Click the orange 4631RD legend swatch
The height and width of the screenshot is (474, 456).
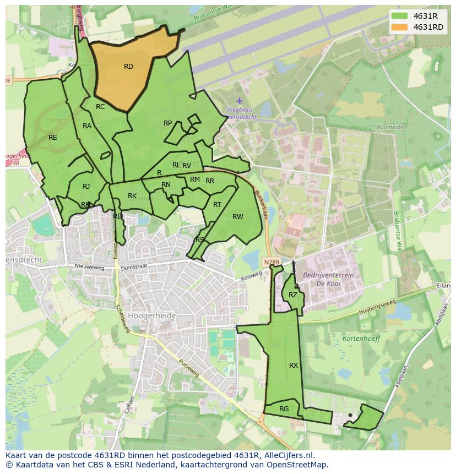(400, 27)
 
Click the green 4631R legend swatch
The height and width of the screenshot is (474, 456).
(400, 15)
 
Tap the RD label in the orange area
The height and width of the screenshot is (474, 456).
(128, 67)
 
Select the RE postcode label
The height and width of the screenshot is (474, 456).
(53, 137)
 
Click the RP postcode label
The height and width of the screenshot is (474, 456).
(168, 123)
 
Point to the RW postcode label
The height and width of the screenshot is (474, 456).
(237, 217)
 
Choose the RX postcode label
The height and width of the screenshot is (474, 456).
(294, 365)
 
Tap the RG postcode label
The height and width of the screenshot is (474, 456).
(284, 408)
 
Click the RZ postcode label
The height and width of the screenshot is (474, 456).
(293, 295)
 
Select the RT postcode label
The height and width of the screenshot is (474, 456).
(217, 205)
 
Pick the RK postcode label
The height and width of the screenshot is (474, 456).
(132, 196)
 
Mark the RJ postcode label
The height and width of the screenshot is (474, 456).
(86, 187)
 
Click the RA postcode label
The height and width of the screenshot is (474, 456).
(87, 126)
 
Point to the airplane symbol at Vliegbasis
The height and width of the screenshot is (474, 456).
(239, 101)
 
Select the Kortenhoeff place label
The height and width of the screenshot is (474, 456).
(361, 339)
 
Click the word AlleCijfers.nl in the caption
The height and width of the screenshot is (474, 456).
(287, 455)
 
